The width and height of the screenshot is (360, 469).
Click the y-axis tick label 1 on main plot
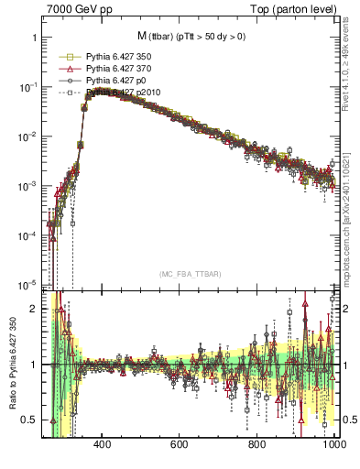[x=34, y=38]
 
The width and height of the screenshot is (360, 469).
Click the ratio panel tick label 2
[x=34, y=309]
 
